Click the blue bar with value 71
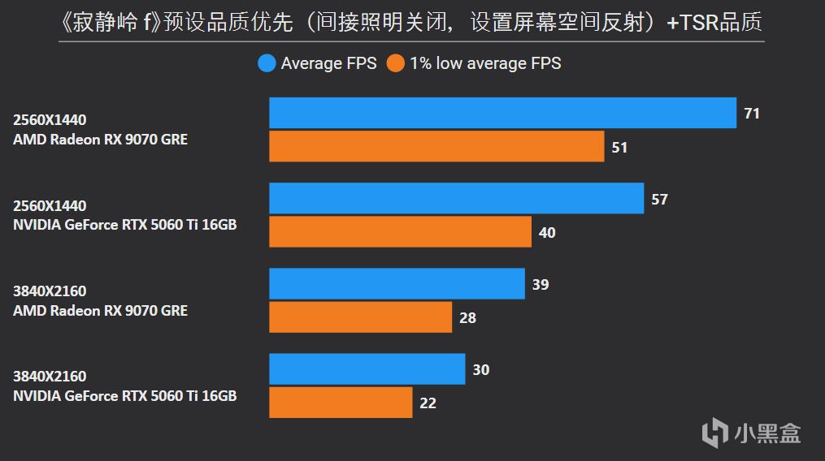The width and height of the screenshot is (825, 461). click(x=502, y=113)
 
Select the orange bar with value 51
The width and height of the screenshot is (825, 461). click(x=436, y=147)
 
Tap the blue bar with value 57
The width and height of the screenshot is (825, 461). click(x=456, y=198)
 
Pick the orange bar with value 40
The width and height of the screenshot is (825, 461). click(x=400, y=232)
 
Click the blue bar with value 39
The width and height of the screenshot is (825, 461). click(x=397, y=284)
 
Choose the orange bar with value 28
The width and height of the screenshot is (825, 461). click(x=360, y=317)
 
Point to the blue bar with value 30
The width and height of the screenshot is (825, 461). click(x=367, y=369)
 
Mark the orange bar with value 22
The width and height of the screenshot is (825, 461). click(x=341, y=403)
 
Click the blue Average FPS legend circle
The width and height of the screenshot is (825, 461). click(x=267, y=63)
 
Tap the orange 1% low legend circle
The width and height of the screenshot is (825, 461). click(x=396, y=63)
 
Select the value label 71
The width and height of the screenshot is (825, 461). click(x=752, y=114)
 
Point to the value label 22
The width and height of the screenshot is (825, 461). click(x=428, y=403)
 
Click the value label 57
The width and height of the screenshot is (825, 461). click(x=659, y=199)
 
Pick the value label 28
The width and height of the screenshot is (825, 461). click(x=467, y=318)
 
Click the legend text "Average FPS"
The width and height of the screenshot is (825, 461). click(x=328, y=63)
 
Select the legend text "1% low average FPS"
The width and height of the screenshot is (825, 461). click(x=485, y=63)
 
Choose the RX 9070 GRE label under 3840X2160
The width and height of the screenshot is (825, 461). click(x=100, y=311)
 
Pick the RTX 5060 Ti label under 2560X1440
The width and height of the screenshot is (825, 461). click(x=124, y=225)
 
